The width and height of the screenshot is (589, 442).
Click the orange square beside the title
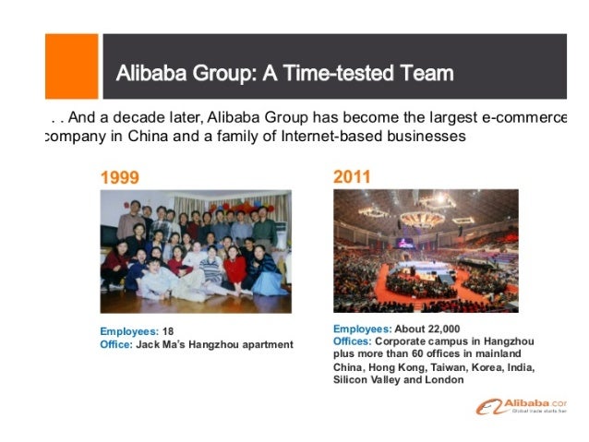[x=71, y=66]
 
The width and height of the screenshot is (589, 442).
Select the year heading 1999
[x=122, y=176]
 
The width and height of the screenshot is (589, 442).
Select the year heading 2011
[x=354, y=175]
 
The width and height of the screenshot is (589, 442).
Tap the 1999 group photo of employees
[x=196, y=251]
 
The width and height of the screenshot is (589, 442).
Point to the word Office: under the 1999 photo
[x=116, y=344]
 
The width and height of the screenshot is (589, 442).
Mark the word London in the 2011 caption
[x=445, y=379]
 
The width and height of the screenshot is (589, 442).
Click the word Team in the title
[x=424, y=73]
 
